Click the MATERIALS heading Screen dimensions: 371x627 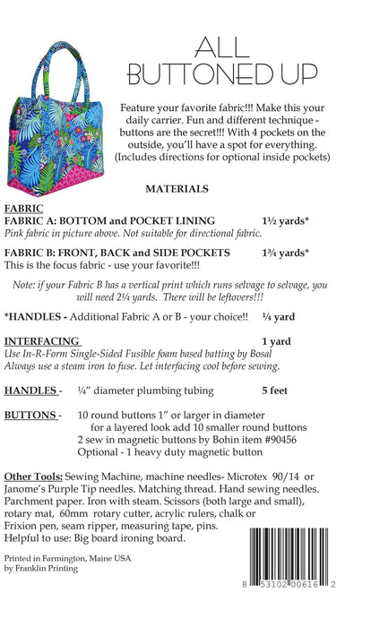177,190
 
